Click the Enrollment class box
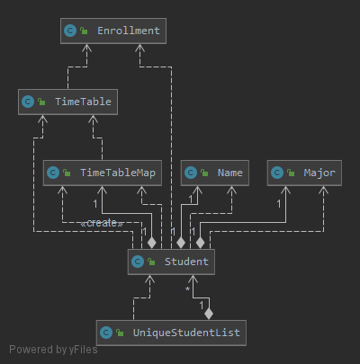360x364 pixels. (x=113, y=31)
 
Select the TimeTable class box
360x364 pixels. (x=67, y=102)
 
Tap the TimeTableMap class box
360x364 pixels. (x=103, y=173)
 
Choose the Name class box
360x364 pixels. (x=215, y=173)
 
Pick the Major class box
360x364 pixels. (x=304, y=173)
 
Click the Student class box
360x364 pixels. (x=171, y=262)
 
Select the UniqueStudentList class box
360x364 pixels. (x=171, y=333)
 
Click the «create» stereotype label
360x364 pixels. (x=102, y=223)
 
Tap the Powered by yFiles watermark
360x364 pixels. (x=53, y=350)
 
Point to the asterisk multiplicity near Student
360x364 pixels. (x=187, y=289)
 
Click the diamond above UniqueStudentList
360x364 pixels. (x=209, y=314)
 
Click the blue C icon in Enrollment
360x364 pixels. (x=70, y=31)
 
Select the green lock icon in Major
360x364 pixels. (x=291, y=173)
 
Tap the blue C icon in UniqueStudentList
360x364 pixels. (x=106, y=333)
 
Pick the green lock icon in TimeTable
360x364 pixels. (x=41, y=102)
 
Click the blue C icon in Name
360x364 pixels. (x=191, y=173)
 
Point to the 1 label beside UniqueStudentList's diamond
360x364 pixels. (x=202, y=306)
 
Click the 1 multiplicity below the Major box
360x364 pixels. (x=279, y=204)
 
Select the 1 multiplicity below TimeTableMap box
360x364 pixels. (x=95, y=204)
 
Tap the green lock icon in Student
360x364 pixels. (x=151, y=262)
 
